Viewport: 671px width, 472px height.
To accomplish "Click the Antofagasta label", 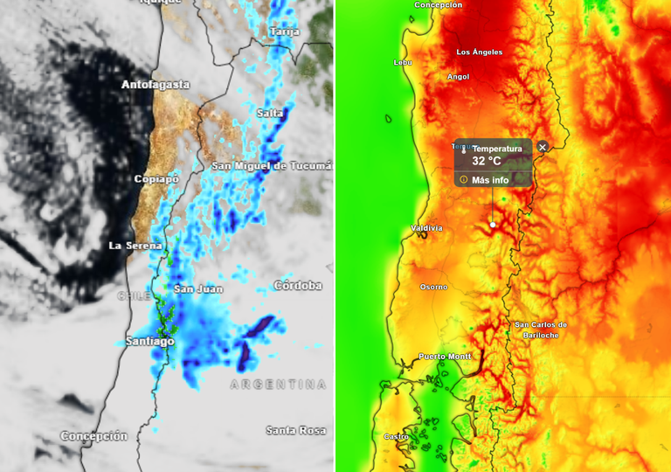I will pyautogui.click(x=156, y=85).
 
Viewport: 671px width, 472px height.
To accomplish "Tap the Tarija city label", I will pyautogui.click(x=284, y=31).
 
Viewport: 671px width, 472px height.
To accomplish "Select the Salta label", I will pyautogui.click(x=270, y=114).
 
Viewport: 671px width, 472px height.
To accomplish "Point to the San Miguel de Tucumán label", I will pyautogui.click(x=273, y=165).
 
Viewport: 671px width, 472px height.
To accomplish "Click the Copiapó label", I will pyautogui.click(x=156, y=179).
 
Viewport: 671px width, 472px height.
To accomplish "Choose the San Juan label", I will pyautogui.click(x=198, y=288).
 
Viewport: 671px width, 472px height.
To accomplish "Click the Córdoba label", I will pyautogui.click(x=298, y=286).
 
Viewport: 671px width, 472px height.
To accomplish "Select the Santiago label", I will pyautogui.click(x=149, y=341).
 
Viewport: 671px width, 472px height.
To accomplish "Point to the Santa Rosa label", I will pyautogui.click(x=296, y=430).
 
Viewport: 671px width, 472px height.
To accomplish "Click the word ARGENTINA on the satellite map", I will pyautogui.click(x=278, y=385).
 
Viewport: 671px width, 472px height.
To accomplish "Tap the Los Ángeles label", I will pyautogui.click(x=480, y=52).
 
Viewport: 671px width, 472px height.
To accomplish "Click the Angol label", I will pyautogui.click(x=458, y=77).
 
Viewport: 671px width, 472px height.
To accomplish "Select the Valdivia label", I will pyautogui.click(x=426, y=228).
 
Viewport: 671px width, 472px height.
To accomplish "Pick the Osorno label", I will pyautogui.click(x=433, y=287).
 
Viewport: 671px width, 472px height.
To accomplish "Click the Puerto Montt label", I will pyautogui.click(x=445, y=357).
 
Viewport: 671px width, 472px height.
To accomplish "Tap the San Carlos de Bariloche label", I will pyautogui.click(x=541, y=330).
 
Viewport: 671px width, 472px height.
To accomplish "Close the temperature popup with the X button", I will pyautogui.click(x=543, y=147).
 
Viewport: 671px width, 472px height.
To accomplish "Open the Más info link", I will pyautogui.click(x=489, y=180).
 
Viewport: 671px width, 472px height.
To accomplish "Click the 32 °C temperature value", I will pyautogui.click(x=487, y=161).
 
